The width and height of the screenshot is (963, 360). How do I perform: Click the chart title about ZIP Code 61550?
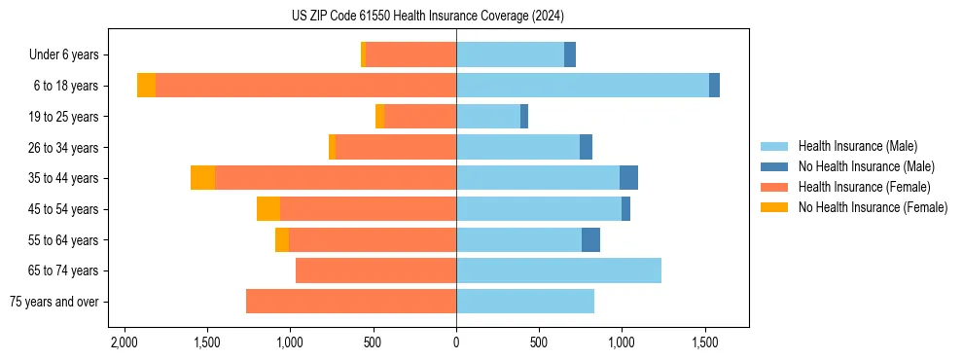click(427, 16)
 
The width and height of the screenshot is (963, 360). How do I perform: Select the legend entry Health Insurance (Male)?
click(857, 146)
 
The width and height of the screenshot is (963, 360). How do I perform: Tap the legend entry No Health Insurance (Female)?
click(873, 207)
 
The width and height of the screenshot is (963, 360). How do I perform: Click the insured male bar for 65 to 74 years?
click(558, 270)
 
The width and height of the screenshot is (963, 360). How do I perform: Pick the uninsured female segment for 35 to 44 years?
click(202, 178)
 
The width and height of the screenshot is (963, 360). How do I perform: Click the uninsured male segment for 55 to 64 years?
click(590, 239)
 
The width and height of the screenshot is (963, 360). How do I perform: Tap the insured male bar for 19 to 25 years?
click(488, 117)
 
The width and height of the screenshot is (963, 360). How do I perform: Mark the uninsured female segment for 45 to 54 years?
click(268, 209)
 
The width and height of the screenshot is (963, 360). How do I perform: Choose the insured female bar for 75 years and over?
click(351, 302)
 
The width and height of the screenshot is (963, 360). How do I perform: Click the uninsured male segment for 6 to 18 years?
click(714, 86)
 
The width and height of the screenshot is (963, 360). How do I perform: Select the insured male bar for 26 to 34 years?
click(517, 147)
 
